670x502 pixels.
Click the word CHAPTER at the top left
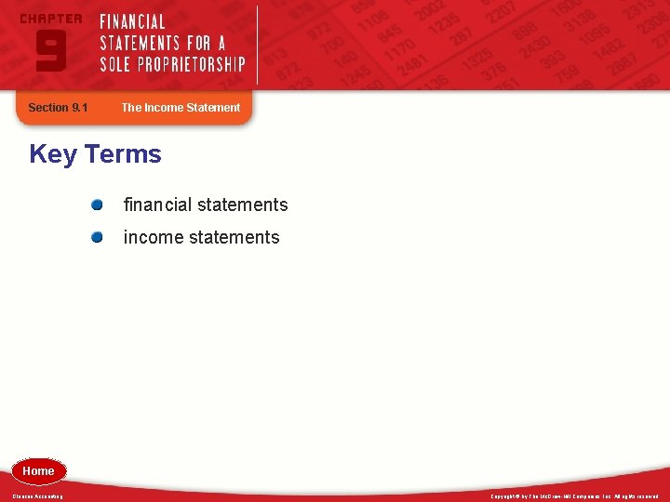(x=50, y=19)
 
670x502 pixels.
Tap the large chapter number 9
(x=50, y=50)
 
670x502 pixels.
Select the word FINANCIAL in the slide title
(x=133, y=21)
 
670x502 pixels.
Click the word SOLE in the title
(x=116, y=64)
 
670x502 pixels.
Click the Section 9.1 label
(x=58, y=108)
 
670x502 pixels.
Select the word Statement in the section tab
(x=213, y=108)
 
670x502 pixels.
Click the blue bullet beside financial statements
(x=97, y=205)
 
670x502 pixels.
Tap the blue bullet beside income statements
(x=97, y=237)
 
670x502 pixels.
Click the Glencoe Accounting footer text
(x=38, y=496)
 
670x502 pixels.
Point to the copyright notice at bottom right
(x=574, y=496)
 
